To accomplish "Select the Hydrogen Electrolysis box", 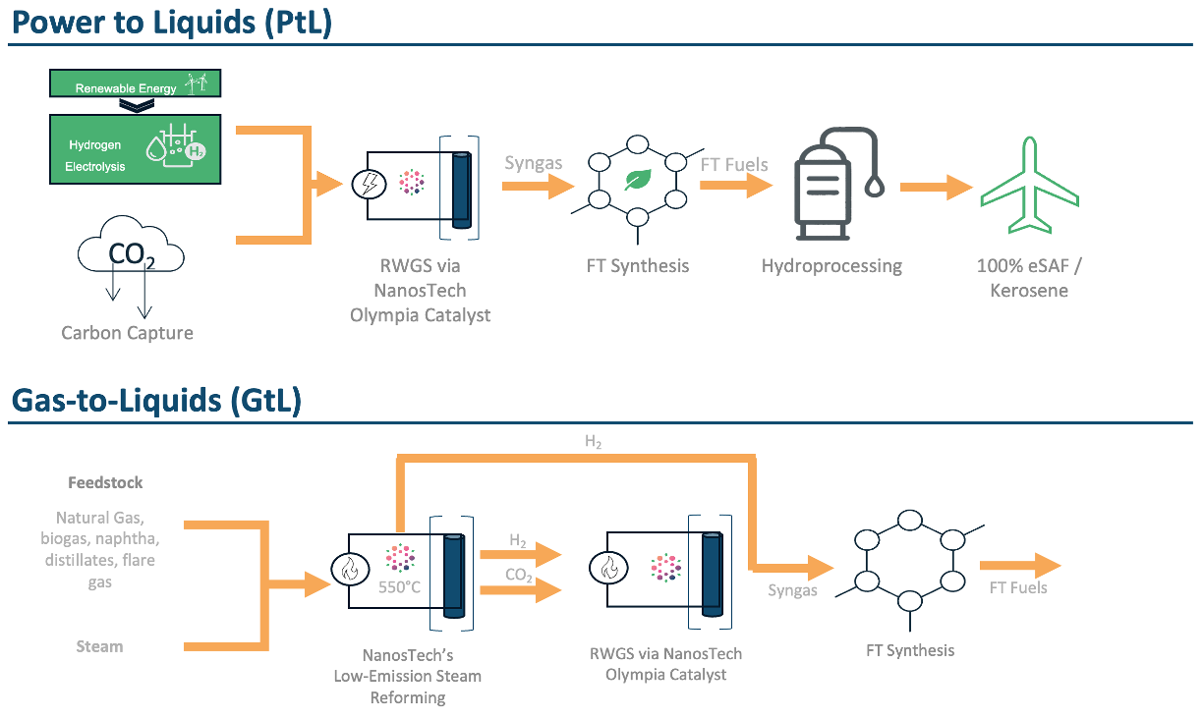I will click(136, 148).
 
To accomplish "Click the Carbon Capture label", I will click(127, 333).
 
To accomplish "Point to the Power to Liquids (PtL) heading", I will click(172, 22).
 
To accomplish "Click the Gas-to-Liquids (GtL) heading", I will click(156, 401).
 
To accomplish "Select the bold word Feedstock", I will click(105, 482).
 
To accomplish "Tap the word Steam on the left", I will click(99, 646).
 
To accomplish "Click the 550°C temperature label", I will click(399, 589).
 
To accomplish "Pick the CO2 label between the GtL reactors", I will click(518, 576).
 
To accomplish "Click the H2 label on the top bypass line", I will click(593, 442).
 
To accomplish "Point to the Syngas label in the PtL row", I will click(533, 162).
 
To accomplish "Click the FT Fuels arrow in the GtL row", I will click(1019, 566).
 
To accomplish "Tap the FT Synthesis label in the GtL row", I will click(909, 649).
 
